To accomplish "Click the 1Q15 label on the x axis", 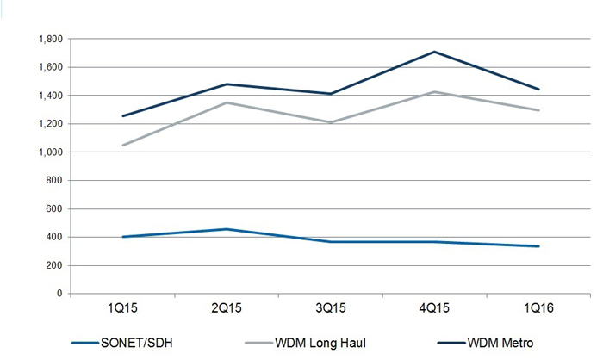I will click(124, 307).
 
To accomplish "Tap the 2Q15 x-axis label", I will click(227, 307).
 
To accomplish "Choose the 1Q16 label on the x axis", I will click(538, 307).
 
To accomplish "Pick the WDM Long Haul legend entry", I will click(317, 343).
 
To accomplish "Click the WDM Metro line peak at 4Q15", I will click(434, 52).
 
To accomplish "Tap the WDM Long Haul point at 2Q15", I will click(227, 102).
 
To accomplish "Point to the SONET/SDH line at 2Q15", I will click(227, 229).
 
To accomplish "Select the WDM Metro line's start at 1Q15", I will click(124, 115).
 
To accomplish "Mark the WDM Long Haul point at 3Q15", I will click(330, 122).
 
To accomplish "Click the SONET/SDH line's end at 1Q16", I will click(538, 246).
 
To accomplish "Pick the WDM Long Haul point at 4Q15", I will click(434, 91).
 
